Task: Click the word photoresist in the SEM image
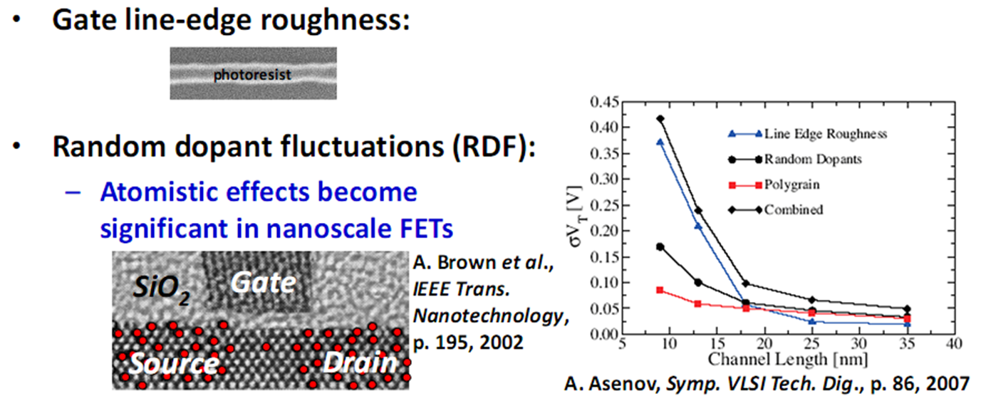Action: click(x=253, y=73)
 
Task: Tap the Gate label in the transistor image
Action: click(x=262, y=283)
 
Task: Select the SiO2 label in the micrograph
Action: click(x=162, y=288)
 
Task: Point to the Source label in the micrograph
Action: click(x=173, y=363)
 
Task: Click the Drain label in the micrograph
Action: click(x=359, y=363)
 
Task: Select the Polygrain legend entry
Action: click(x=791, y=184)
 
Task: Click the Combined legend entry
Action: click(x=794, y=209)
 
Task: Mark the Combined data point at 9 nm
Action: click(x=660, y=118)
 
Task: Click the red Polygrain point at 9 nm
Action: click(x=660, y=290)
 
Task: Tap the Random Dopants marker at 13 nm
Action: click(x=698, y=282)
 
